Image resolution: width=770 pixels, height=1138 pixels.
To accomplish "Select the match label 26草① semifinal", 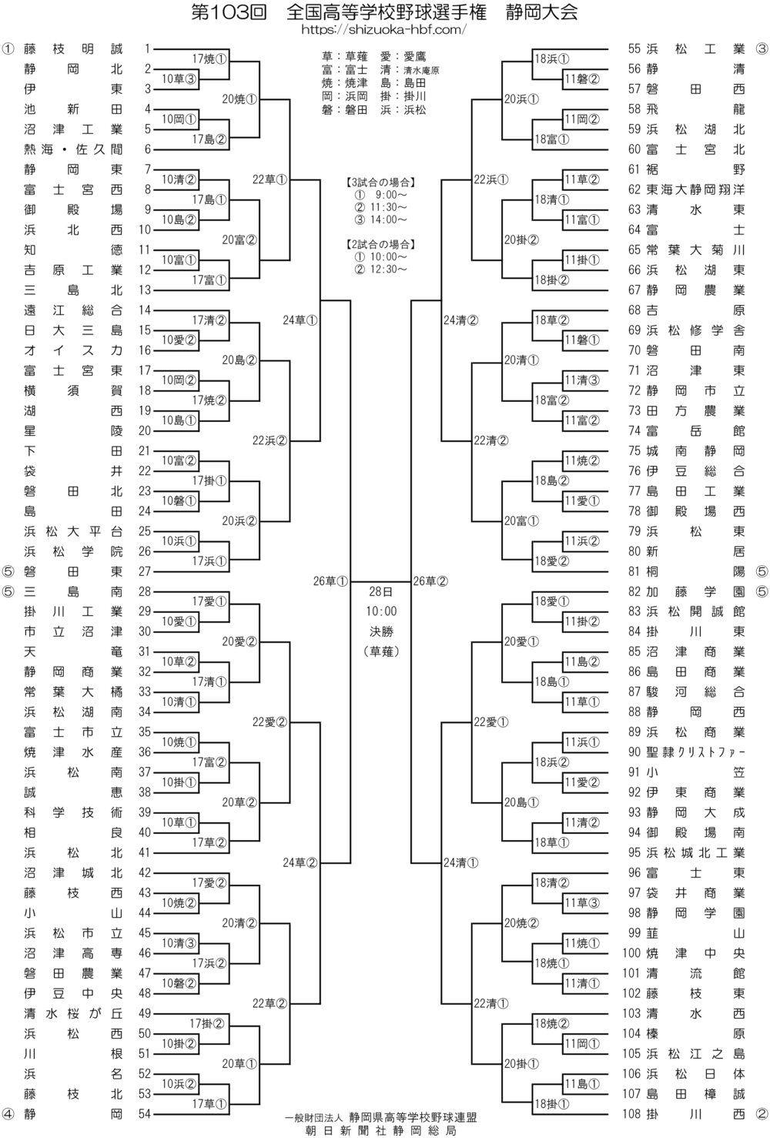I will coord(331,581).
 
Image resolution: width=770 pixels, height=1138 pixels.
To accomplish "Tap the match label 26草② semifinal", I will coord(430,581).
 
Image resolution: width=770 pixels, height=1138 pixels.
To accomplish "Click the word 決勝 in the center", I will coord(380,631).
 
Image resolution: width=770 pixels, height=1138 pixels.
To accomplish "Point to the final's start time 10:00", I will coord(380,611).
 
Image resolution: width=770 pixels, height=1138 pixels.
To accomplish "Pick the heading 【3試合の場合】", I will coord(380,182).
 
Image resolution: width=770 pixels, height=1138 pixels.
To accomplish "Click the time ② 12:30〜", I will coord(380,269).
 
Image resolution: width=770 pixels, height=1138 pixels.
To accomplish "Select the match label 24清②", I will coord(461,320).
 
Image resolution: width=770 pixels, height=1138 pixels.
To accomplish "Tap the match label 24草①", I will coord(300,320).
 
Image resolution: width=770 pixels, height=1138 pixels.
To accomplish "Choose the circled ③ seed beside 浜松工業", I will coord(762,49).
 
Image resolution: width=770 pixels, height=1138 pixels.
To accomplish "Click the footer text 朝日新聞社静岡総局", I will coord(380,1130).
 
